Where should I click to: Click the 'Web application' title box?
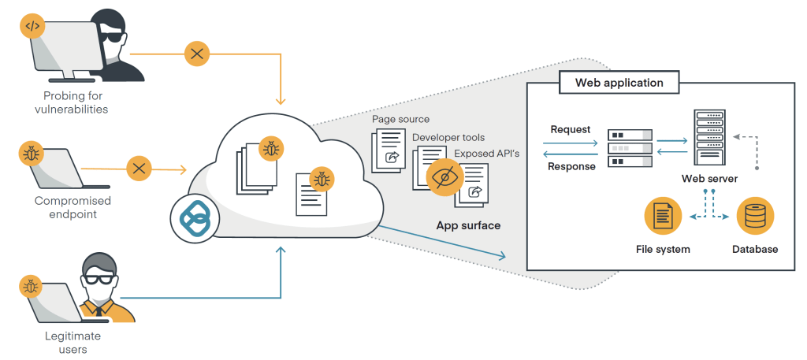619,82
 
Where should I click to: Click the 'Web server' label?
709,179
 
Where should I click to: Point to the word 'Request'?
571,129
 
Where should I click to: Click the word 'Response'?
572,166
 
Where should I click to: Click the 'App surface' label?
468,225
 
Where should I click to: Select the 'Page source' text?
401,119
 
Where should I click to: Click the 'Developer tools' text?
448,137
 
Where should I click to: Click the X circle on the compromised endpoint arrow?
139,168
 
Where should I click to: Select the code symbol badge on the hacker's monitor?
32,26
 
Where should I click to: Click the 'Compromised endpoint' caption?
73,207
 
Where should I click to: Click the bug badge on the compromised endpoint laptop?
30,151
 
